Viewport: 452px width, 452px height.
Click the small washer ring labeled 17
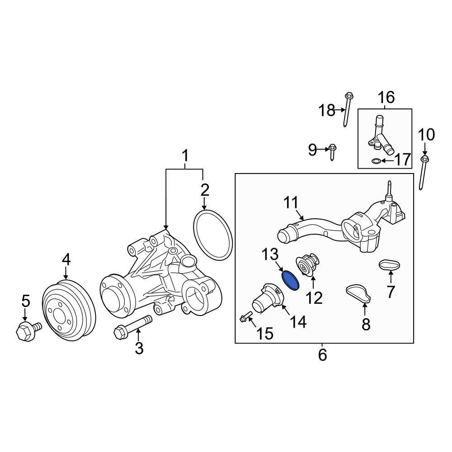pos(376,160)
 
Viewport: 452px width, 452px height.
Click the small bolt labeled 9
pos(332,151)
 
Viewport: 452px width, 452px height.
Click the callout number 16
pos(386,97)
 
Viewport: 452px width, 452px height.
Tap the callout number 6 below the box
pos(322,355)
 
